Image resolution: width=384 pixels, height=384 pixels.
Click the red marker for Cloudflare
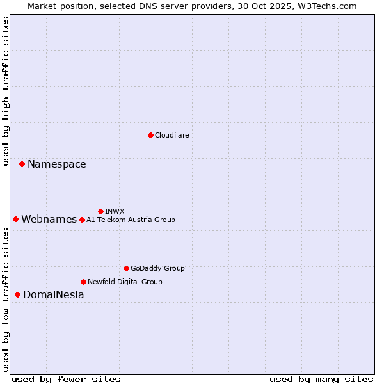tap(150, 135)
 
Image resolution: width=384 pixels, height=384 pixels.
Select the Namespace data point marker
tap(22, 164)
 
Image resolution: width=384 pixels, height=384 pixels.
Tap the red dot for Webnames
tap(15, 220)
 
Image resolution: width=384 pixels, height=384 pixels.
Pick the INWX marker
tap(100, 211)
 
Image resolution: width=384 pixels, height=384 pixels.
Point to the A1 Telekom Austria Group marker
tap(82, 220)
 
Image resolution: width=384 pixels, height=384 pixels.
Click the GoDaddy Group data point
tap(126, 268)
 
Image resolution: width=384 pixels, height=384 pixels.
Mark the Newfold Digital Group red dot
tap(83, 282)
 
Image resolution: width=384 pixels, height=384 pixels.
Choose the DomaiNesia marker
tap(17, 295)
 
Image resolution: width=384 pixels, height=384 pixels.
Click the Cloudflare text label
tap(172, 135)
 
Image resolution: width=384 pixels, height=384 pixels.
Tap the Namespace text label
tap(56, 164)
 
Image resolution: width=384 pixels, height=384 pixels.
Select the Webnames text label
tap(49, 220)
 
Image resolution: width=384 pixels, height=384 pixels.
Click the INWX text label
tap(115, 211)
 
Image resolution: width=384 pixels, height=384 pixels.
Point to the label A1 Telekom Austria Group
tap(131, 220)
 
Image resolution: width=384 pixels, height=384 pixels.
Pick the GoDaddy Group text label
tap(157, 268)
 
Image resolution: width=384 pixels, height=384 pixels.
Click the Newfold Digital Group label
tap(125, 282)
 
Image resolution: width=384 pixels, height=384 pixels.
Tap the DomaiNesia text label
tap(53, 295)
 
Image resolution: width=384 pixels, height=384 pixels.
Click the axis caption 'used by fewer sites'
tap(66, 379)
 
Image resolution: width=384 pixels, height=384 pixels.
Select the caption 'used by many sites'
tap(321, 379)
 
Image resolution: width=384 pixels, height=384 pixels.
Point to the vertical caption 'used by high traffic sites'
tap(6, 91)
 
